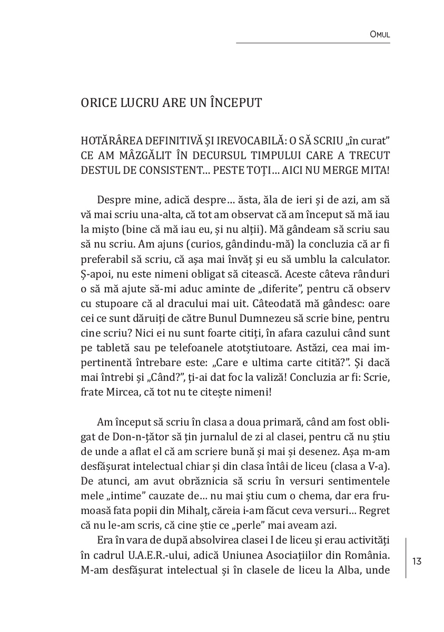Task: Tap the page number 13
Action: (x=417, y=561)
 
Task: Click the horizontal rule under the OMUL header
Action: (x=313, y=43)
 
